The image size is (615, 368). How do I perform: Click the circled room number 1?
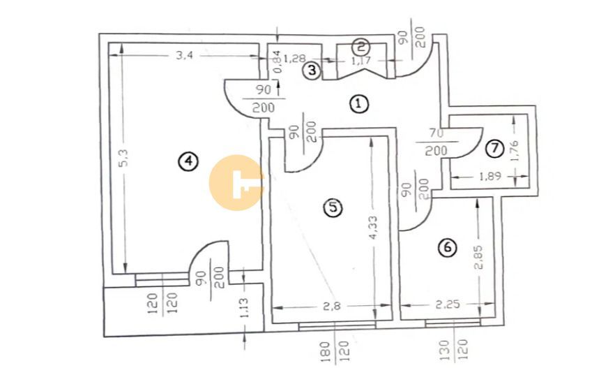[358, 105]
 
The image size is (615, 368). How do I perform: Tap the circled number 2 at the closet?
[360, 47]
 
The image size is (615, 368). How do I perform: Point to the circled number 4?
[186, 161]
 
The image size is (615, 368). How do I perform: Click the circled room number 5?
[334, 207]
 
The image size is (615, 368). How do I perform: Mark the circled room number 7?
[494, 148]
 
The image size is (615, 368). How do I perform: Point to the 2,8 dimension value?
[333, 305]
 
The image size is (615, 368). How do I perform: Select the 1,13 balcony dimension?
[244, 307]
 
